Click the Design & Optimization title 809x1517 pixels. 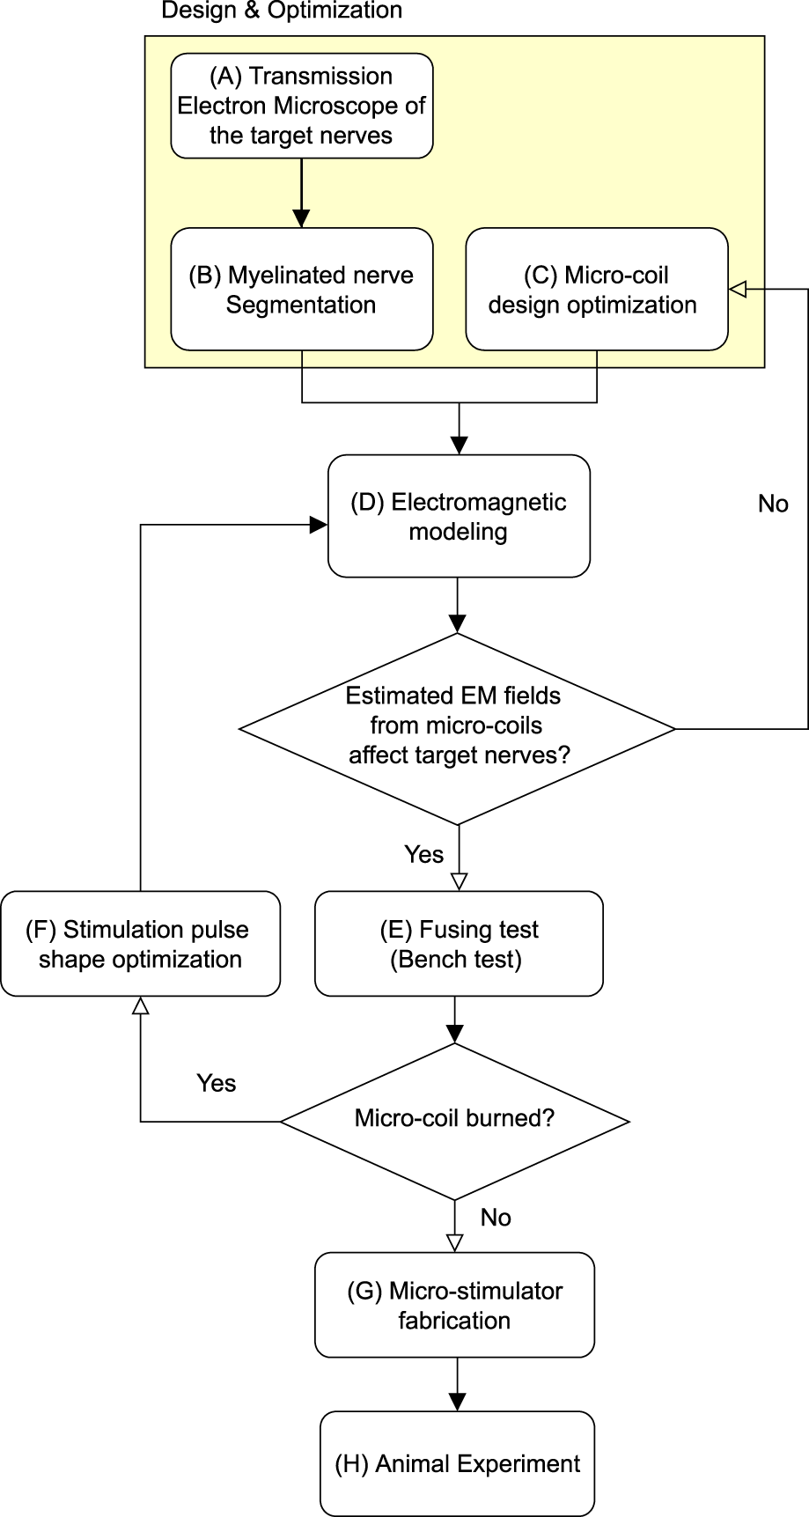pos(282,11)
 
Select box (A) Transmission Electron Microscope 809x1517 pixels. pos(301,106)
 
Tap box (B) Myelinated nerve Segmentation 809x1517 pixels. pos(301,290)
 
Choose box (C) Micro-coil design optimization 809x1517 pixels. pos(596,290)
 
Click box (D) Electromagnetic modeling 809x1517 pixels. pos(458,517)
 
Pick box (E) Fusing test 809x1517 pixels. pos(458,944)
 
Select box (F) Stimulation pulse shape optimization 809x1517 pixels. pos(140,944)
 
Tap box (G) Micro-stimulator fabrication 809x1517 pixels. pos(454,1305)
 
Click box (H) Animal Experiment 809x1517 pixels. pos(457,1463)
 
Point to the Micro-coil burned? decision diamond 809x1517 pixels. pos(454,1120)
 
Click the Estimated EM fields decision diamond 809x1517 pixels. pos(457,728)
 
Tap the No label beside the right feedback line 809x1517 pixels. pos(773,504)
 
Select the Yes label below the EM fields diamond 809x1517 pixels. pos(423,854)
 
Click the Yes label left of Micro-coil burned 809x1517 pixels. pos(216,1083)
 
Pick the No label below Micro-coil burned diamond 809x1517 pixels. pos(496,1217)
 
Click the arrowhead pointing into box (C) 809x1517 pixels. pos(738,289)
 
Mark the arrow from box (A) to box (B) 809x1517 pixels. pos(301,194)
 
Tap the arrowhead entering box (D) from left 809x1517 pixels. pos(319,526)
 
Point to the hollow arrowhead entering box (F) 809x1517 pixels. pos(140,1005)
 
